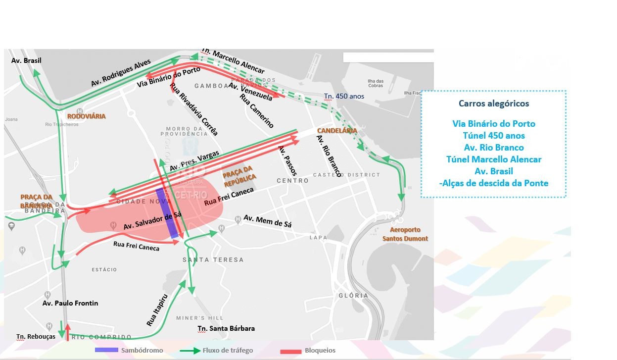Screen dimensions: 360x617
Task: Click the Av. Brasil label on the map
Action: tap(26, 60)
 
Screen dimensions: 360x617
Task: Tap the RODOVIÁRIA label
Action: tap(87, 116)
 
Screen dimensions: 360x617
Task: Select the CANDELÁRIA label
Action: tap(337, 131)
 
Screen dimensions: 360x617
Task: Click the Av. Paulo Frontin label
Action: tap(70, 303)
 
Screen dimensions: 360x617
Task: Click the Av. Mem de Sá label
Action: tap(267, 221)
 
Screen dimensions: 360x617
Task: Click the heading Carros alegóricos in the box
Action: tap(494, 104)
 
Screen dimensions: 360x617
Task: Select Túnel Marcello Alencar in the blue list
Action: tap(494, 159)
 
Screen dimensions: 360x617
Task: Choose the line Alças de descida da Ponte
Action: tap(494, 183)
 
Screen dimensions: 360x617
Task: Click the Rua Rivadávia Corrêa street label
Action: tap(193, 109)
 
